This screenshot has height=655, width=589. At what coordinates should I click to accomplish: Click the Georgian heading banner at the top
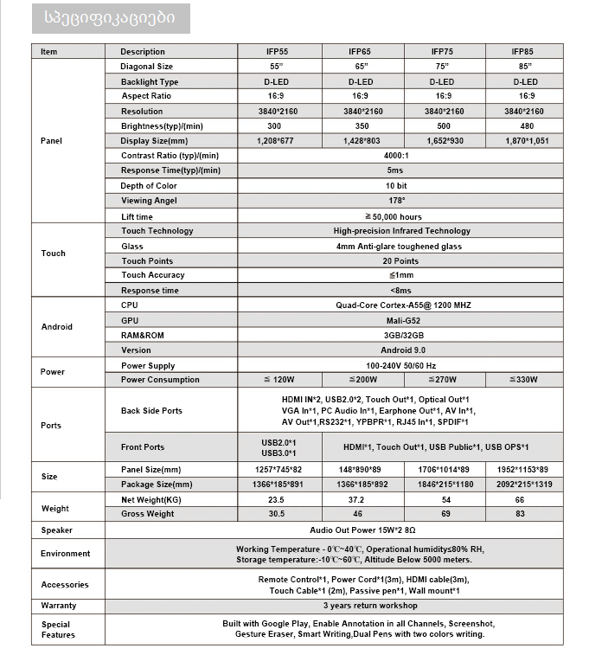pyautogui.click(x=110, y=17)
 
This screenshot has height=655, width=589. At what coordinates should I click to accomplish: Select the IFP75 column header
pyautogui.click(x=443, y=51)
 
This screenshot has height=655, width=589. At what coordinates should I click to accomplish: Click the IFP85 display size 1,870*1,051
pyautogui.click(x=523, y=140)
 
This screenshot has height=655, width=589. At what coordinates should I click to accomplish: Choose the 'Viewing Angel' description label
pyautogui.click(x=149, y=201)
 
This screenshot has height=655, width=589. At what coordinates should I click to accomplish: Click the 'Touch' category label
pyautogui.click(x=53, y=253)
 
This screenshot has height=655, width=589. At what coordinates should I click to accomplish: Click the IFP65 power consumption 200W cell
pyautogui.click(x=362, y=380)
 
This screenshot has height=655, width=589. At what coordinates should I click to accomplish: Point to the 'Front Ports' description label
pyautogui.click(x=143, y=447)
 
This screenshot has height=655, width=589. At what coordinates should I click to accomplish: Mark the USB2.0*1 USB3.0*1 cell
pyautogui.click(x=278, y=447)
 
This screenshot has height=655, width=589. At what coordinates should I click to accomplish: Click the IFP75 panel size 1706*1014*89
pyautogui.click(x=444, y=469)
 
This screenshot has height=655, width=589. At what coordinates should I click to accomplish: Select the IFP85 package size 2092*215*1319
pyautogui.click(x=523, y=485)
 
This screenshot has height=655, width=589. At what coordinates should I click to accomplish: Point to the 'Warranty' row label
pyautogui.click(x=58, y=606)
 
